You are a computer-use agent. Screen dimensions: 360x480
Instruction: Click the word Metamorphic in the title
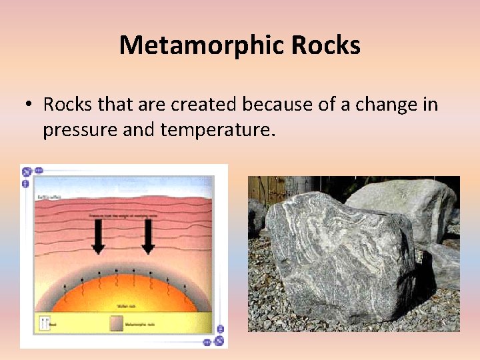point(201,45)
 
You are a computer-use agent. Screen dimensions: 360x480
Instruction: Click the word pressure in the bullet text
point(80,129)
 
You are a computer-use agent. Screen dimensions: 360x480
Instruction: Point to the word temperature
point(217,129)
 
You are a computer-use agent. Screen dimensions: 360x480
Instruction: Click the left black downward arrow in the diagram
point(98,236)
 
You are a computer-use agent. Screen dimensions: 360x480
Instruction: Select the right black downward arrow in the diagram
point(148,236)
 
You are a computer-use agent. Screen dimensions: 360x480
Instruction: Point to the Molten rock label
point(127,306)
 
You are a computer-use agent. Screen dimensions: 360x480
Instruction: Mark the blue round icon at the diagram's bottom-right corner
point(219,341)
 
